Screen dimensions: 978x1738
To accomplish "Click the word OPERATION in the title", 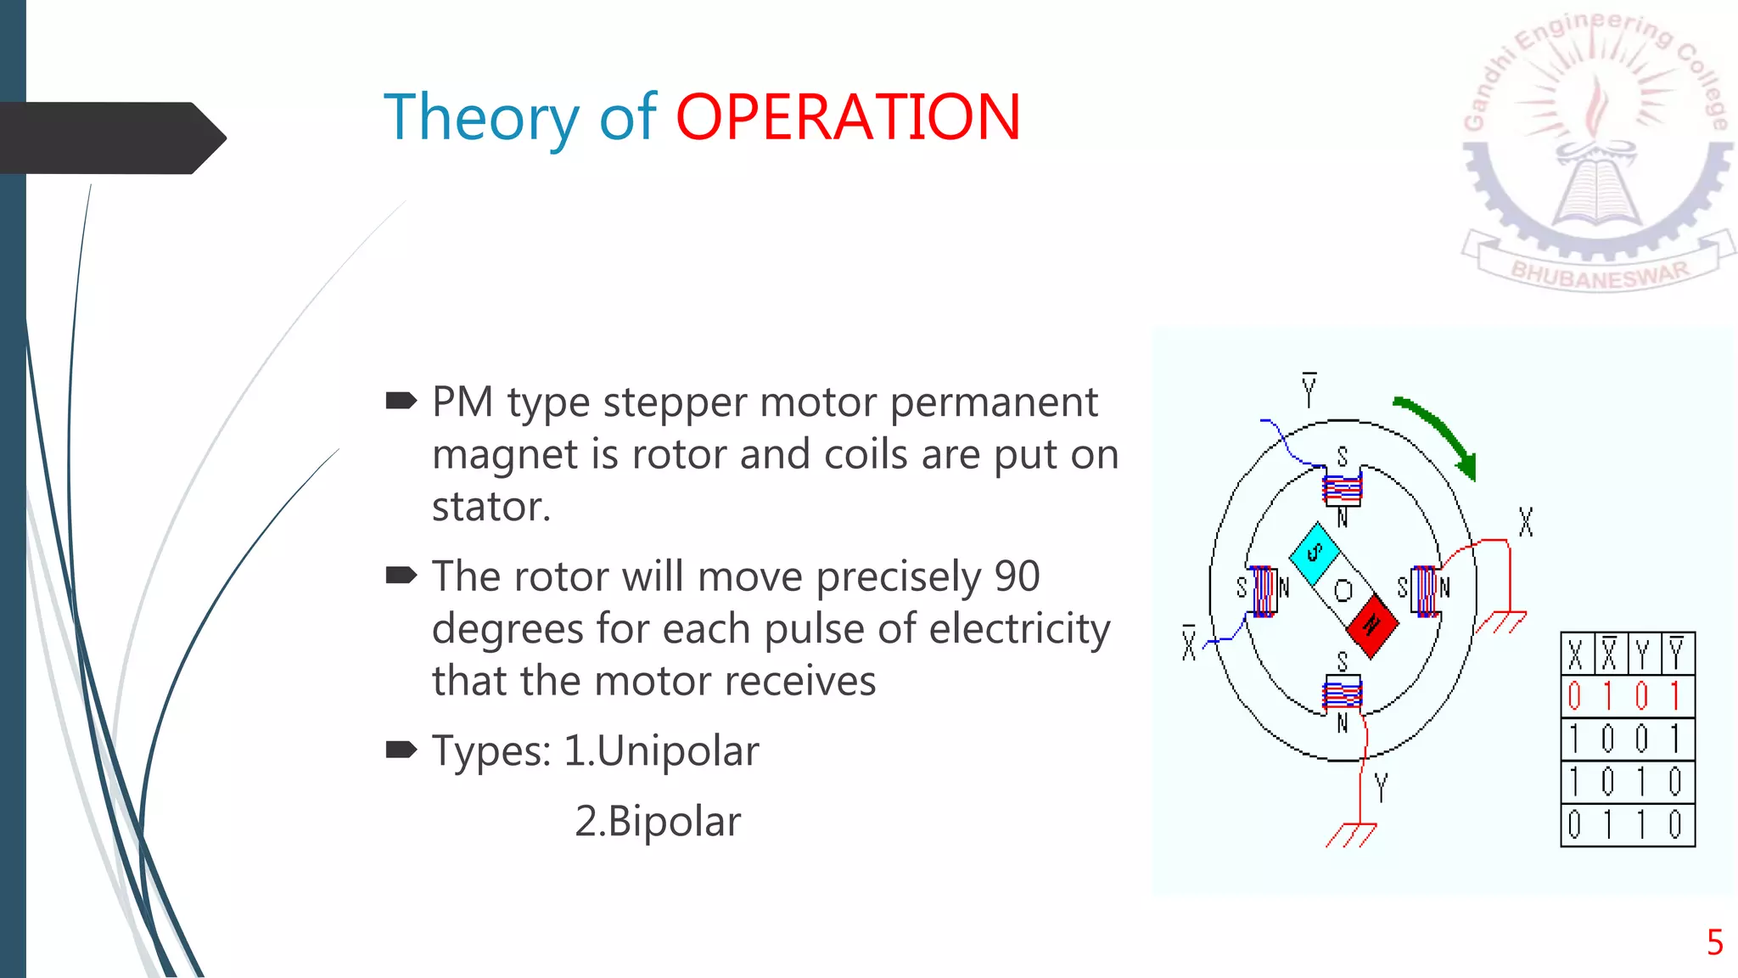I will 848,117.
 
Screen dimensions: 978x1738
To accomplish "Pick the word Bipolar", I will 675,822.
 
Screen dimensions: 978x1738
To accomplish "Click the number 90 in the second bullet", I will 1017,577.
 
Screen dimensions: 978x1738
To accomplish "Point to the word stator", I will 491,508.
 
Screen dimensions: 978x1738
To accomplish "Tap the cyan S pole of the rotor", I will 1315,553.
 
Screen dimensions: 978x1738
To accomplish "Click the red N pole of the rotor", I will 1372,626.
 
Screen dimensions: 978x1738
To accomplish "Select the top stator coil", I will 1343,490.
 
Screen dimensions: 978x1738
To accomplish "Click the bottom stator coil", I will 1343,695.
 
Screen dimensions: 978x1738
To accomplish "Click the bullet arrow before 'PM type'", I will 401,401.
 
